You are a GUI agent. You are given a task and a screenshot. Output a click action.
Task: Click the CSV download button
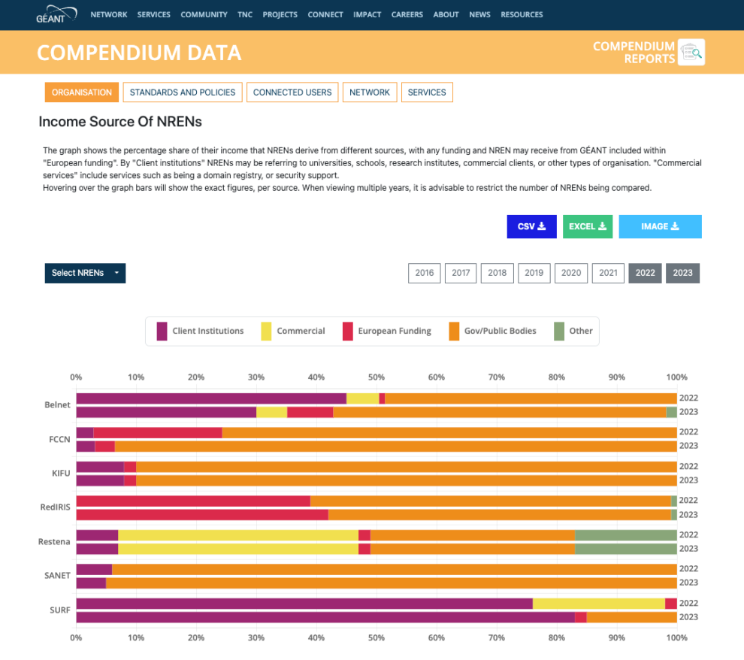531,226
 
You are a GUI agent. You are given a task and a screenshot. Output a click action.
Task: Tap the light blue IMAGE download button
660,226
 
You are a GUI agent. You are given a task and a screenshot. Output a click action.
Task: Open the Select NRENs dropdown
85,273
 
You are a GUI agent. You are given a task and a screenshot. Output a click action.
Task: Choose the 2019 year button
534,273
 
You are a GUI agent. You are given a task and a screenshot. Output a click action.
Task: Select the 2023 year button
682,273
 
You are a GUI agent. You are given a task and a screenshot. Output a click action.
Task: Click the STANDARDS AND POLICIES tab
183,92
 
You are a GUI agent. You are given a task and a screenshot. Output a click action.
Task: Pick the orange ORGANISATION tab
82,92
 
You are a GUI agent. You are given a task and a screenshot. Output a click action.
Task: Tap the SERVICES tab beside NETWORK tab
427,92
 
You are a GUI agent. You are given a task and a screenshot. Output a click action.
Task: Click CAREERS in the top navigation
407,14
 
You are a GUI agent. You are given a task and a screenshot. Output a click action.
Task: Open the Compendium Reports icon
691,52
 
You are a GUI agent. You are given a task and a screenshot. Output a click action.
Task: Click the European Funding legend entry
386,331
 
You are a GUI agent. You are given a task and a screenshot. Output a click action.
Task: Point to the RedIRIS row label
56,507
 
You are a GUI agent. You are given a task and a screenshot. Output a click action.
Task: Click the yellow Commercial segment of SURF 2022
598,604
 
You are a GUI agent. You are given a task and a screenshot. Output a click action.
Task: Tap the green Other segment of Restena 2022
625,535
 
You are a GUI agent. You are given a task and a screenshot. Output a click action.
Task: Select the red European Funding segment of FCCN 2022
157,432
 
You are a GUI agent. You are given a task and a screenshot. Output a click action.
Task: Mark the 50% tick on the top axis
376,377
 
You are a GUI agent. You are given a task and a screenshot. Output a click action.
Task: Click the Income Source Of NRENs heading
120,122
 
